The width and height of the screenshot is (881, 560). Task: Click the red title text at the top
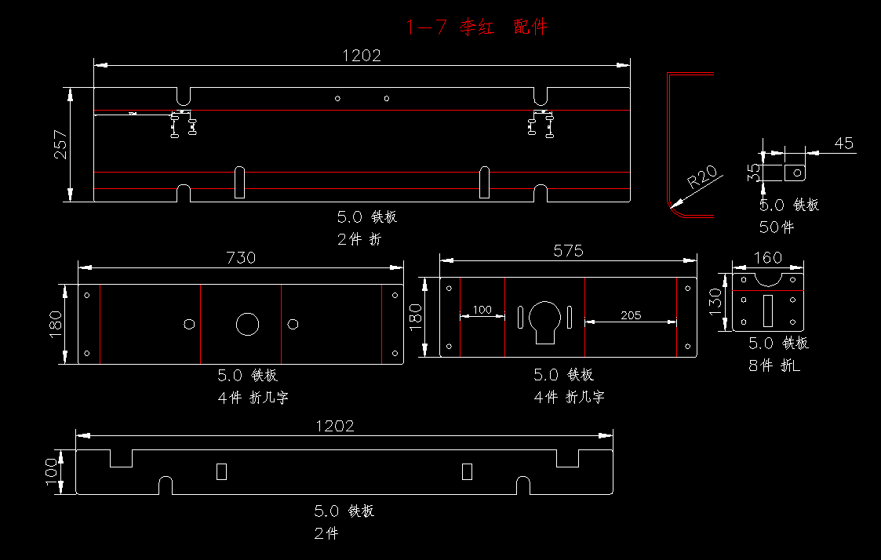(476, 27)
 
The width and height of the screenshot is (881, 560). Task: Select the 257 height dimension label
(60, 144)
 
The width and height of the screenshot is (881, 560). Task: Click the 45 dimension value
(843, 144)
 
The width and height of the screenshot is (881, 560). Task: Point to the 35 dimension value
(753, 173)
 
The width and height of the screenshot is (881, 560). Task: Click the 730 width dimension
(241, 257)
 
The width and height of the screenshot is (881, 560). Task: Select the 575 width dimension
(569, 250)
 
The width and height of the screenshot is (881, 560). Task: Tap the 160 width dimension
(767, 257)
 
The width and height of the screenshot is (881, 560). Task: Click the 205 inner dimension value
(630, 315)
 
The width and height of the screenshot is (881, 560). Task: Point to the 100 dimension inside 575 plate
(482, 310)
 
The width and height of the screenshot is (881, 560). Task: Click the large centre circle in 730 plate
(247, 324)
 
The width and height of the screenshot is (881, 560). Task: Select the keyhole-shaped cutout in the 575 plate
(544, 320)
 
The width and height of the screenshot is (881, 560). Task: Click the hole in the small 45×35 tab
(797, 171)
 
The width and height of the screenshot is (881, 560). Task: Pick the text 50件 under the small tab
(777, 227)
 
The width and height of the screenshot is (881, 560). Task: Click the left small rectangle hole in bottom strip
(221, 471)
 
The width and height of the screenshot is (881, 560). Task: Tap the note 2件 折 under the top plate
(359, 239)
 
